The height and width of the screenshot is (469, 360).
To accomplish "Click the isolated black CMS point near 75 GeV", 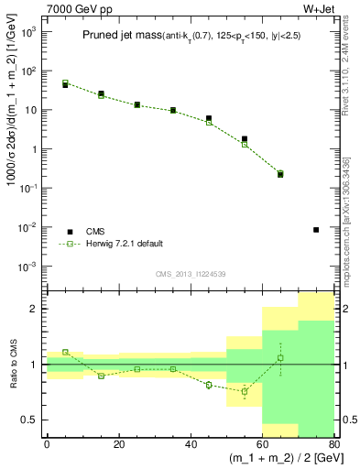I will point(316,230).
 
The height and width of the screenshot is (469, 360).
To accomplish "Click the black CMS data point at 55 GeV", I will point(245,139).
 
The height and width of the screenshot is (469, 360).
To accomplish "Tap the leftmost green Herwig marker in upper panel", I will point(65,83).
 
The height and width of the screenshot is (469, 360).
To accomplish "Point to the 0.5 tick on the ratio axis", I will point(30,420).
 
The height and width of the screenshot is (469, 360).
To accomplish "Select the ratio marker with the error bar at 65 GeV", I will point(280,357).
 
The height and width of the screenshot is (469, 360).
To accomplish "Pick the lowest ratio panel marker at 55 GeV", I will point(245,391).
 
